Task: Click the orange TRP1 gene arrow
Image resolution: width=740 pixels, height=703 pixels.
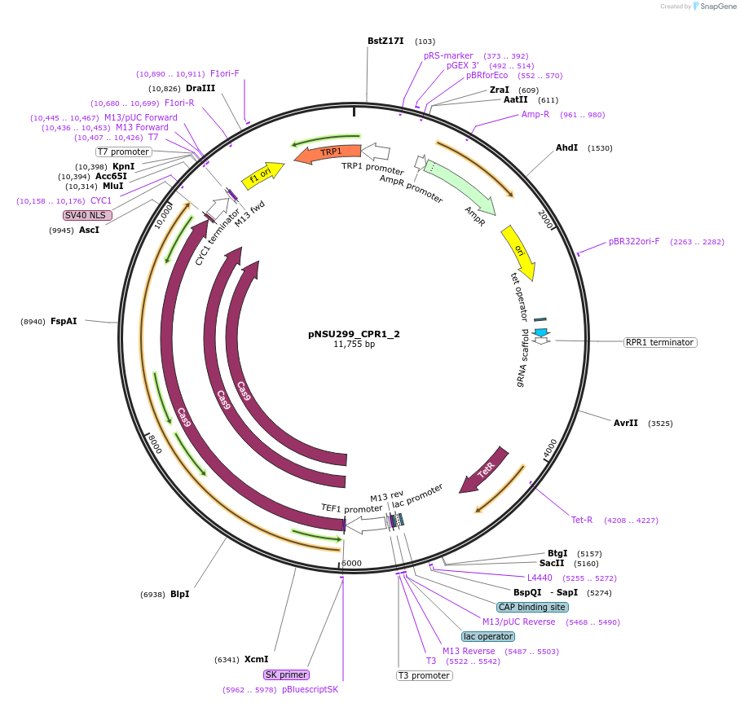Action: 328,152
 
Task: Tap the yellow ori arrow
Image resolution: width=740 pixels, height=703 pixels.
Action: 518,250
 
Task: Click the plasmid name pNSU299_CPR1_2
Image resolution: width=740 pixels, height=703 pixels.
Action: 354,333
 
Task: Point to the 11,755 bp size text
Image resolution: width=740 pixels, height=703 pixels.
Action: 354,345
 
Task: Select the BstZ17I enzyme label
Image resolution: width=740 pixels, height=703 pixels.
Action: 385,41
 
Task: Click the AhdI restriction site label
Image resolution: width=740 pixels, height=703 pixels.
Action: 566,147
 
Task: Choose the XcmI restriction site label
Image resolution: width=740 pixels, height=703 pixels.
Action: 256,659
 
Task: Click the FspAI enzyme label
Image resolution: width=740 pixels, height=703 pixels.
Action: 64,321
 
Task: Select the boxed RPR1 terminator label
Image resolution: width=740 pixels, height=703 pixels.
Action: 659,342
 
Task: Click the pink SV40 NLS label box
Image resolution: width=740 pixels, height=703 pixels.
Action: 87,215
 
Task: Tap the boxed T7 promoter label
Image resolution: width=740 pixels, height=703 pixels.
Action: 124,152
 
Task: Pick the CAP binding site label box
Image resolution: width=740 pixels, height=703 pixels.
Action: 532,607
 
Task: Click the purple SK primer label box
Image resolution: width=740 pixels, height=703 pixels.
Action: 286,674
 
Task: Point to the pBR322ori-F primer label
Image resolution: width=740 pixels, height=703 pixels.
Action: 634,241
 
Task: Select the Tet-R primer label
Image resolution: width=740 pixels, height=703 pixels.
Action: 582,520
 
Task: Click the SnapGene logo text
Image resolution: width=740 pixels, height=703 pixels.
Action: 716,7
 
